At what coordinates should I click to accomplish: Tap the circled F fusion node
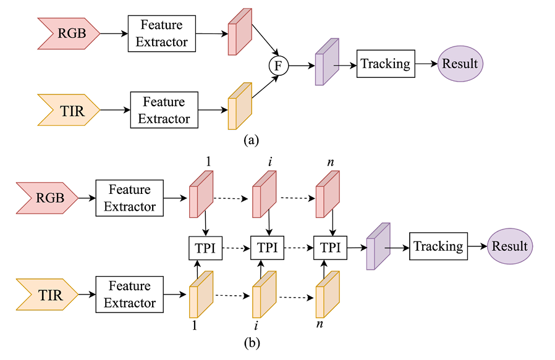(x=278, y=65)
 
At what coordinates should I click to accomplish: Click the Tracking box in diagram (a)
(x=385, y=64)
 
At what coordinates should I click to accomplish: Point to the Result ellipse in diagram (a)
(x=460, y=64)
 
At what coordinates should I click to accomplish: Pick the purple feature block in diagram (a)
(x=327, y=62)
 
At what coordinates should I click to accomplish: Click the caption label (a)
(x=252, y=140)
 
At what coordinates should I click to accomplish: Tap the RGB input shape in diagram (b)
(x=47, y=198)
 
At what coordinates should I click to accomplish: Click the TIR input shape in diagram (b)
(x=47, y=295)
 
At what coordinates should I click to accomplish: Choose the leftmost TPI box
(x=205, y=248)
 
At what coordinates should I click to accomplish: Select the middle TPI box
(x=267, y=248)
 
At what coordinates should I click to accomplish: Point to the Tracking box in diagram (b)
(x=438, y=246)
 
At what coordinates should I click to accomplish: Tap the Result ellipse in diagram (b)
(x=510, y=246)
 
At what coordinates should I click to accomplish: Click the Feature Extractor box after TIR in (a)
(x=164, y=110)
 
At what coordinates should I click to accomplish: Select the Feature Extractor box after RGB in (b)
(x=129, y=198)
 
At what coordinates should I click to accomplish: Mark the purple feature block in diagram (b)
(x=378, y=246)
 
